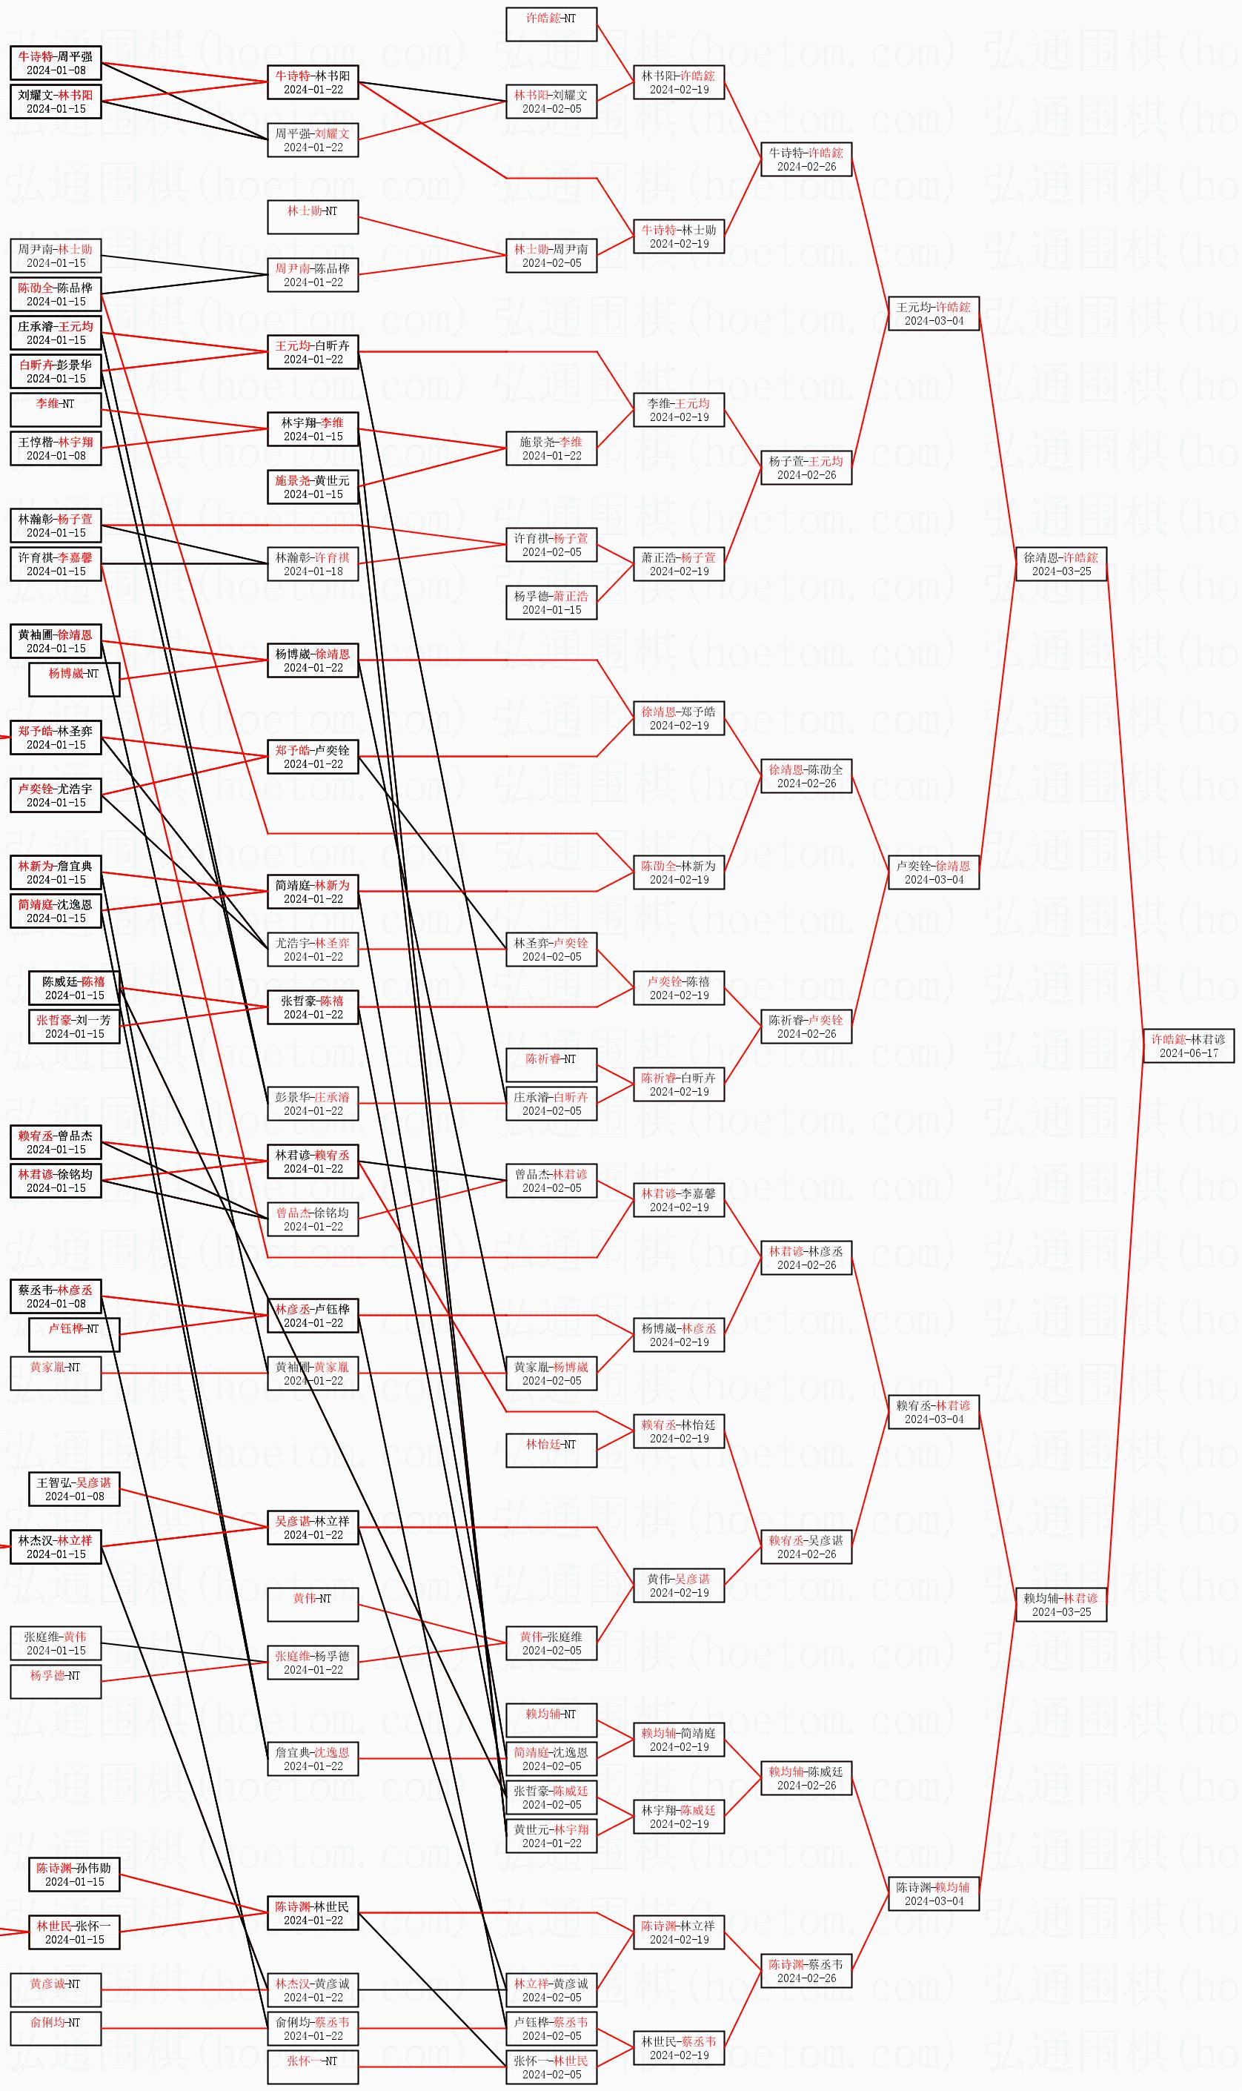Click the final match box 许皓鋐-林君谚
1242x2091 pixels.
click(1188, 1045)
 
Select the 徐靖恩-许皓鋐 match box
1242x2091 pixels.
click(1060, 563)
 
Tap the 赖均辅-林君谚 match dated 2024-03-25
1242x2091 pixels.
click(1060, 1604)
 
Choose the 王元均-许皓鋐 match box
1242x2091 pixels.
click(933, 313)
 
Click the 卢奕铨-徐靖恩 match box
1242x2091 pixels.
click(933, 872)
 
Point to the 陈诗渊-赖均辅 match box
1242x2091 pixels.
click(933, 1893)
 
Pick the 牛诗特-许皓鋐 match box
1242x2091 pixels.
click(806, 159)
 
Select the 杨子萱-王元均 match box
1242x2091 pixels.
click(806, 467)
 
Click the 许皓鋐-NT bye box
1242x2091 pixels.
click(551, 24)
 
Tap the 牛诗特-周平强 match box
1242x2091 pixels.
click(56, 63)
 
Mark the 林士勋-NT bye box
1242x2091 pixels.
click(312, 216)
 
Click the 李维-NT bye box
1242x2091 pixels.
click(56, 409)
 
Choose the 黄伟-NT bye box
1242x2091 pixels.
click(312, 1604)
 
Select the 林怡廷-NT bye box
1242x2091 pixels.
click(551, 1450)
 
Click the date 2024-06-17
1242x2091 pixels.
click(1188, 1053)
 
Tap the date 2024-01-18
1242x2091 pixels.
click(312, 571)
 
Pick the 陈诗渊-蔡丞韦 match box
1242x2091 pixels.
click(806, 1970)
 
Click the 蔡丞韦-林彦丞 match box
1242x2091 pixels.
click(56, 1296)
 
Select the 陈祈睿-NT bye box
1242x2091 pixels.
click(551, 1064)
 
